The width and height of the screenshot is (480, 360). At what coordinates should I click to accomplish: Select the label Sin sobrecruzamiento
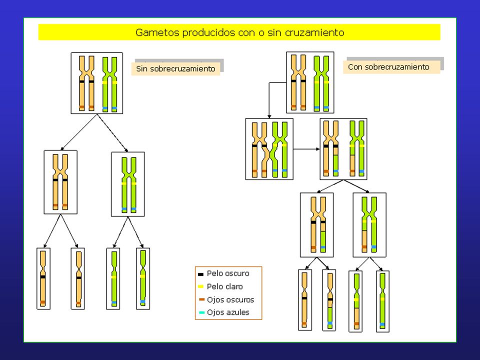click(x=175, y=68)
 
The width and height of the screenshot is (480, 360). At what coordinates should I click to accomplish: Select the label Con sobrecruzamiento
click(x=389, y=66)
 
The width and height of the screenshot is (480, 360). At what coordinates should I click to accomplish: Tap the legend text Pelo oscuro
click(x=228, y=273)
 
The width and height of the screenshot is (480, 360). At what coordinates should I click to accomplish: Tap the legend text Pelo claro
click(x=224, y=286)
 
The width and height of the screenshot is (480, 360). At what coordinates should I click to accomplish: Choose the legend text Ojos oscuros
click(x=230, y=299)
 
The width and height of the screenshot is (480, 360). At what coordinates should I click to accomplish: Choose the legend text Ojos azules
click(x=228, y=312)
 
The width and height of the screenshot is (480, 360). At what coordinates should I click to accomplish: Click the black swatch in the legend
click(x=201, y=274)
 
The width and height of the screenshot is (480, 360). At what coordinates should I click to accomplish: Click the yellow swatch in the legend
click(x=201, y=286)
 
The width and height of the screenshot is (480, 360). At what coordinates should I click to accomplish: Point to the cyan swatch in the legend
click(x=201, y=312)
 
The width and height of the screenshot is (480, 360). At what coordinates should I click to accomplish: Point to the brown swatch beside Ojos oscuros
click(x=201, y=299)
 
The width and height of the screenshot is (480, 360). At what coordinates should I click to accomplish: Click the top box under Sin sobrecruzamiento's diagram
click(x=96, y=83)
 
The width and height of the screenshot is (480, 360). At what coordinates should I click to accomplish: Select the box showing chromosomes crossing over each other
click(x=269, y=149)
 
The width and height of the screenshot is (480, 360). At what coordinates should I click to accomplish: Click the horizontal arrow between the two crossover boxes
click(x=306, y=149)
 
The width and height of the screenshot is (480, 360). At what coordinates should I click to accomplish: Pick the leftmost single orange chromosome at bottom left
click(x=43, y=278)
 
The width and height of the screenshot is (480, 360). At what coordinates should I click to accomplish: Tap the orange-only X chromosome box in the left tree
click(x=60, y=182)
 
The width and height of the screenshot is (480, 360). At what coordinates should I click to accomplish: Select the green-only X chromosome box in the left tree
click(x=128, y=184)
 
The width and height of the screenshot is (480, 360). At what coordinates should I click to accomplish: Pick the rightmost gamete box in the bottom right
click(x=382, y=301)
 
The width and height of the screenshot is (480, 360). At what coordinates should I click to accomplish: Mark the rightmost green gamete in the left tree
click(x=143, y=278)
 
